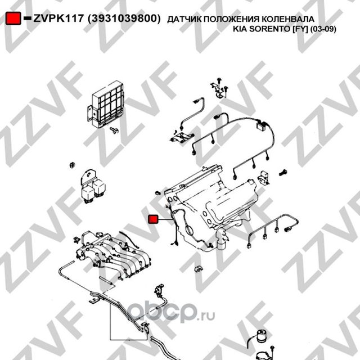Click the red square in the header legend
[14, 19]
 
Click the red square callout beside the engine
[152, 219]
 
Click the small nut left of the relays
[72, 165]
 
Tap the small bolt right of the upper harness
[283, 170]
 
